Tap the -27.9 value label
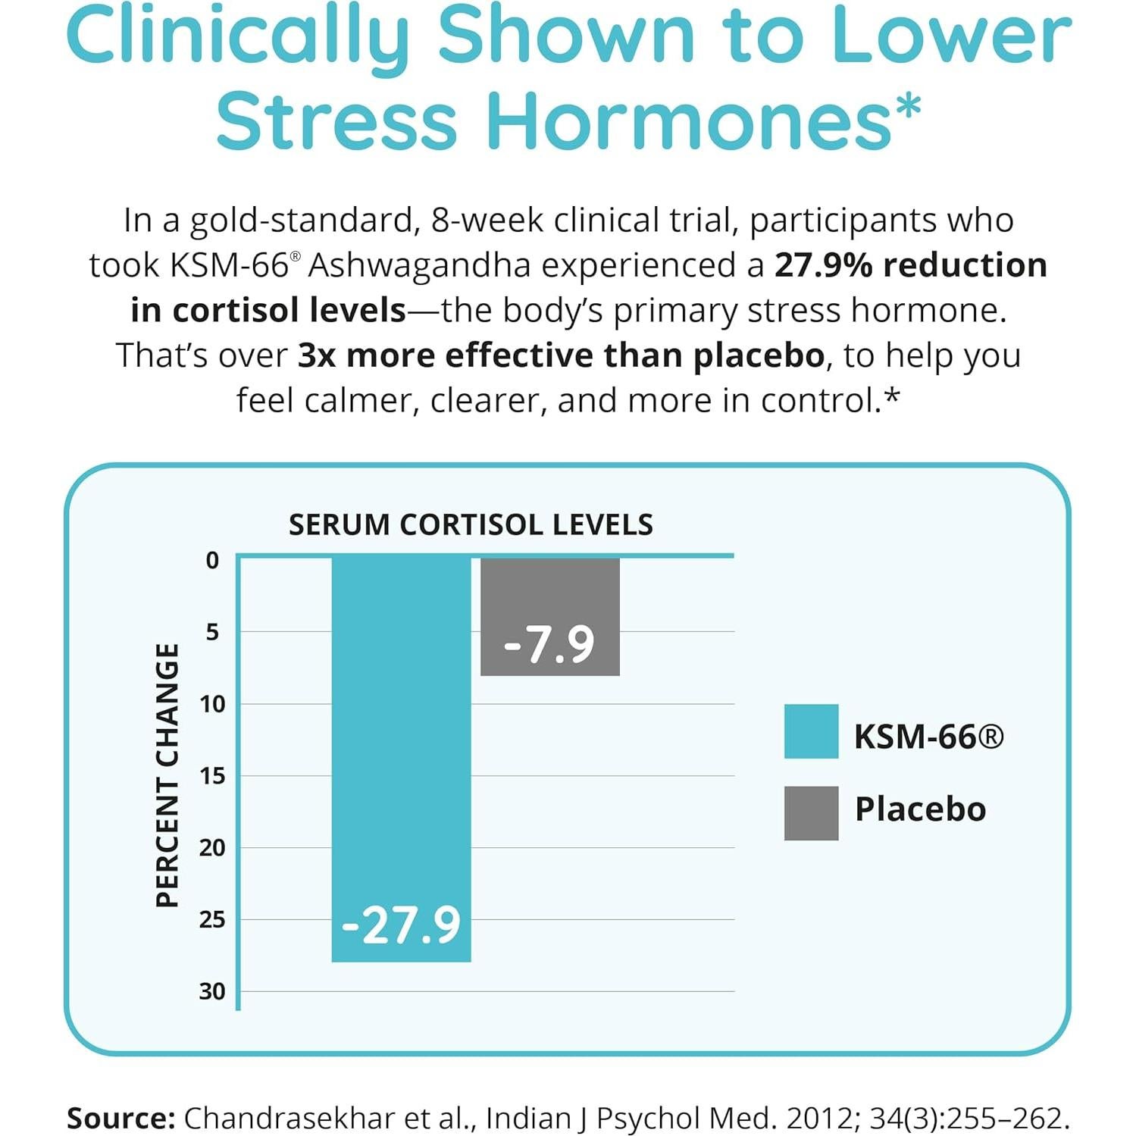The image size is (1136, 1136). (401, 925)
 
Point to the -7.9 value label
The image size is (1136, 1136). (549, 645)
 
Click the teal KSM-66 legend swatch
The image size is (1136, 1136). (811, 731)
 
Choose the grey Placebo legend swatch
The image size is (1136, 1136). (811, 813)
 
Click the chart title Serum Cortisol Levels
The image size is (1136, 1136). (471, 524)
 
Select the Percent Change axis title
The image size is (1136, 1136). (167, 775)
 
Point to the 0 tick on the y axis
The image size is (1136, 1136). (212, 560)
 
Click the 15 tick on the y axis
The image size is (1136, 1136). (212, 775)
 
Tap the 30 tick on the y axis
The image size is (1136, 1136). (212, 991)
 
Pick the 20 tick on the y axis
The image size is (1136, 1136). (212, 847)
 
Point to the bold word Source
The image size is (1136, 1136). (121, 1119)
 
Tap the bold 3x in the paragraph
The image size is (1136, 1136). (317, 355)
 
